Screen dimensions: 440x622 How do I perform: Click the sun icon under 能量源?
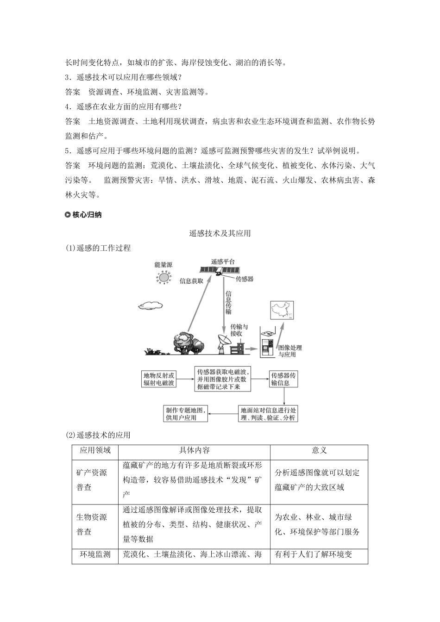163,278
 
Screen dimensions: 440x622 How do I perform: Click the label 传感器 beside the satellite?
244,279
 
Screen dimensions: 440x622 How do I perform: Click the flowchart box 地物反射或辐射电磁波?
159,379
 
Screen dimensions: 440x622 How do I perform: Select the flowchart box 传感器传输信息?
283,379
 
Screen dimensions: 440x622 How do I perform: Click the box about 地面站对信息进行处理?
268,413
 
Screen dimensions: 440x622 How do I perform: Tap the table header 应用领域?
95,451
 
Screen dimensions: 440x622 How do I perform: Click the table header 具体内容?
195,451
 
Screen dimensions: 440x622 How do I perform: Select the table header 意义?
319,451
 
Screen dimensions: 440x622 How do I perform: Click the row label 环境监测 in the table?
95,554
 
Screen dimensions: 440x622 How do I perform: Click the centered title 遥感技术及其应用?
220,233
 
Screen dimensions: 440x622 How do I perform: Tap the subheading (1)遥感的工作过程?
98,248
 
